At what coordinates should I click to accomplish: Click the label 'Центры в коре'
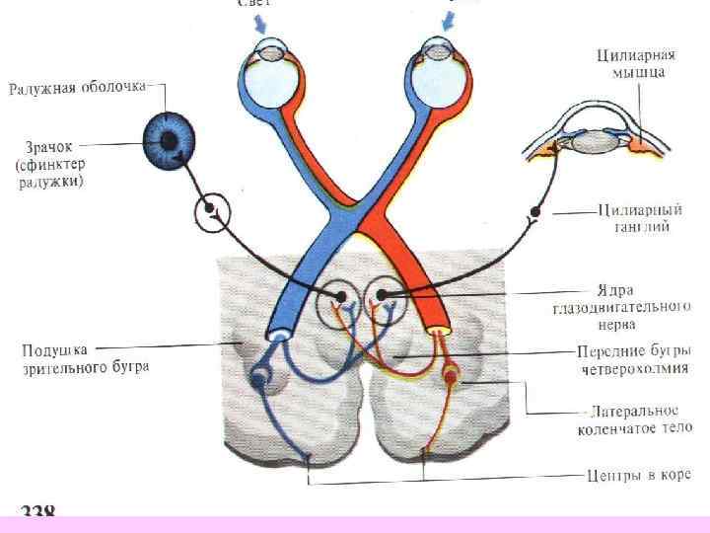click(x=636, y=477)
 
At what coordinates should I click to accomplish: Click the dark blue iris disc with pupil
click(x=170, y=142)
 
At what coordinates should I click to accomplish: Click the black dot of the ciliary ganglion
click(x=536, y=211)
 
